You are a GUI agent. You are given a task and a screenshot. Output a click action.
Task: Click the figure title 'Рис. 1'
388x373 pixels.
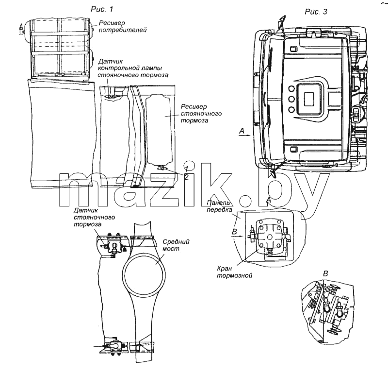pos(102,9)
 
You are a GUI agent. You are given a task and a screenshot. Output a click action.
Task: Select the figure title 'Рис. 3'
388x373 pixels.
pos(316,11)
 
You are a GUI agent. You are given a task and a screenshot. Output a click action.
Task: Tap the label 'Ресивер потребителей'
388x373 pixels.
pos(123,26)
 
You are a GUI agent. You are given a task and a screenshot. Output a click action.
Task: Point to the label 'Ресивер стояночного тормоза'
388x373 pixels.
pos(201,114)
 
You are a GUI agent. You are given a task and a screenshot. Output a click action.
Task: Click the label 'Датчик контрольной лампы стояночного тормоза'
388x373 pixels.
pos(133,68)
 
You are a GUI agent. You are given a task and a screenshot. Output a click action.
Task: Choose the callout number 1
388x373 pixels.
pos(187,169)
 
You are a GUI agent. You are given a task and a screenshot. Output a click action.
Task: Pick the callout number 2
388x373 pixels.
pos(186,177)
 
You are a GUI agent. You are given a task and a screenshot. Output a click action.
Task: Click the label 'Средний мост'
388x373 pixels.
pos(176,245)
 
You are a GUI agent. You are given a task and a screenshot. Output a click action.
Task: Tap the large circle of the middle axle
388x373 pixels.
pos(125,275)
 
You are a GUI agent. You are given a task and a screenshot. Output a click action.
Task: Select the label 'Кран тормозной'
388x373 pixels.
pos(235,272)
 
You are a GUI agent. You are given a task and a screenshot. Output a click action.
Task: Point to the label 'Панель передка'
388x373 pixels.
pos(220,206)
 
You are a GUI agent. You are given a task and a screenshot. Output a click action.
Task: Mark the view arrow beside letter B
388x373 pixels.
pos(238,237)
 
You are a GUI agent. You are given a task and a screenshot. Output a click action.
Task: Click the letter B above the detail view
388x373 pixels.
pos(325,273)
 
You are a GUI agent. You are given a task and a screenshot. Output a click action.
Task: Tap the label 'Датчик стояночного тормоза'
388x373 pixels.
pos(94,218)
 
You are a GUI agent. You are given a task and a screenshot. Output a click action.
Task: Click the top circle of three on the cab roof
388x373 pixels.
pos(291,88)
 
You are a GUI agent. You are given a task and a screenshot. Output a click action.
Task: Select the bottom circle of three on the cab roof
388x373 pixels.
pos(291,109)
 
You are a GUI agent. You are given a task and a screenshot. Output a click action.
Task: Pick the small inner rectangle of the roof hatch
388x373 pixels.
pos(309,99)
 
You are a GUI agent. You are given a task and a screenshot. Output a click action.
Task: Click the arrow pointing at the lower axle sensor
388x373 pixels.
pos(100,345)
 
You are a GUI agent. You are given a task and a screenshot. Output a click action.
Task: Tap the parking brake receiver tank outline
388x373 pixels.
pos(146,129)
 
